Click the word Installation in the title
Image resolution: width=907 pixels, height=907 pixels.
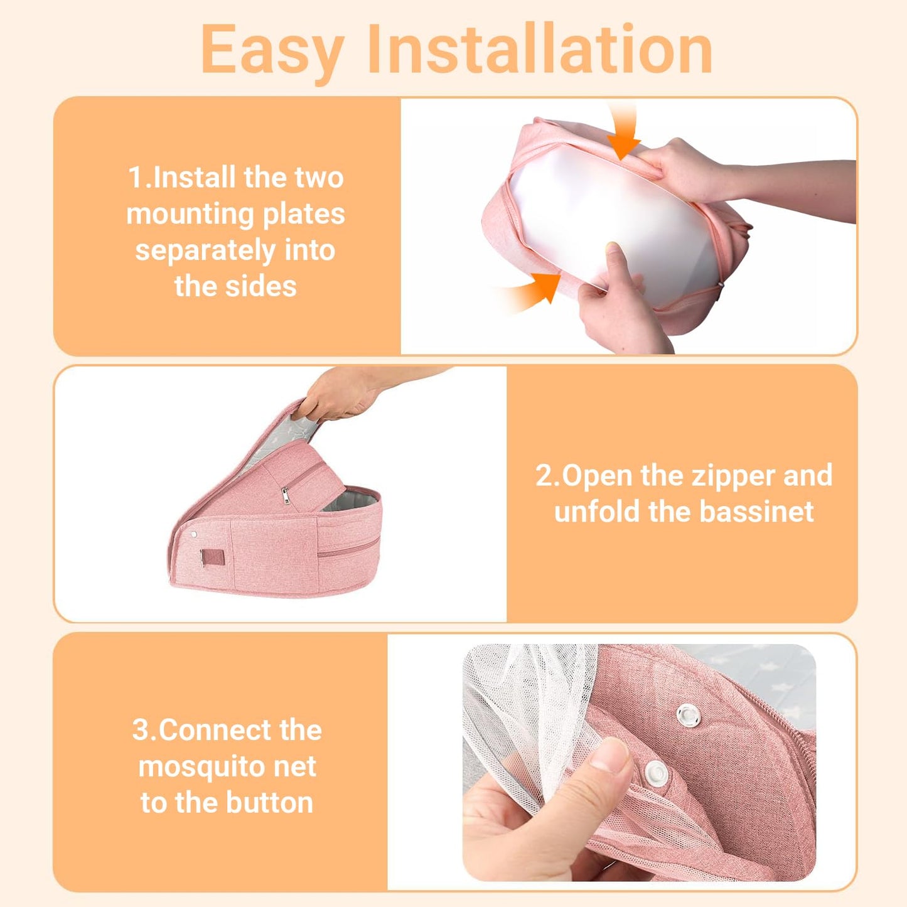pos(539,48)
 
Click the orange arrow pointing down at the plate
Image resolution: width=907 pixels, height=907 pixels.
pos(623,132)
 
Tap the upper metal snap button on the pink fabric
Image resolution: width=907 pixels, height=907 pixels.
pos(688,716)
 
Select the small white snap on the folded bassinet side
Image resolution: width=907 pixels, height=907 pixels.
pos(193,535)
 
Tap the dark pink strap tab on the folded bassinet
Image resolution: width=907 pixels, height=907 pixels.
pos(212,558)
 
